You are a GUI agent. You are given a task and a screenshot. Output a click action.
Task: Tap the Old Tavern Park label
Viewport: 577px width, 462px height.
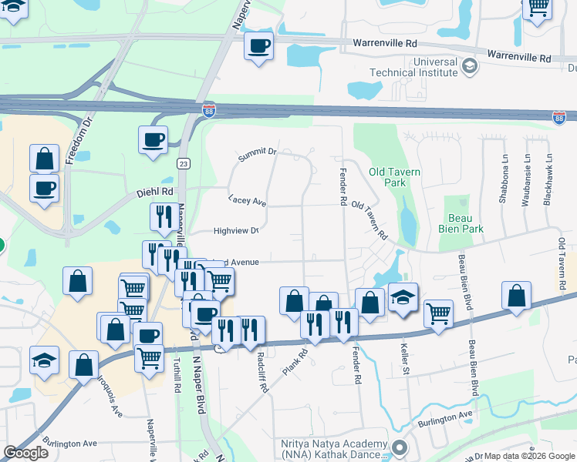395,178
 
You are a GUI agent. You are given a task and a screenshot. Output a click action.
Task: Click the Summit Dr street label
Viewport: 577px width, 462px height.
257,154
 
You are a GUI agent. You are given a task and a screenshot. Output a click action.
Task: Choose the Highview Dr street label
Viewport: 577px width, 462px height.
235,230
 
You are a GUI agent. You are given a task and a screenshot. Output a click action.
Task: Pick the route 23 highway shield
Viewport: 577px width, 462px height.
183,163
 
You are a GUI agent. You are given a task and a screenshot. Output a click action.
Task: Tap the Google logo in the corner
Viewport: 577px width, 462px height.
25,453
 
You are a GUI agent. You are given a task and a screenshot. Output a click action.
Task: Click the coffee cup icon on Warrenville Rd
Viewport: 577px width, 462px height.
258,45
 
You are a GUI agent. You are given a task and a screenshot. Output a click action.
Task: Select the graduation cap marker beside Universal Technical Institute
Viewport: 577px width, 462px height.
468,67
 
